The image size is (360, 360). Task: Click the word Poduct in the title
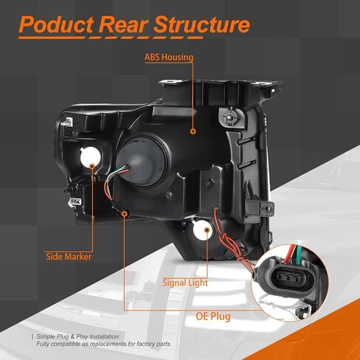[56, 24]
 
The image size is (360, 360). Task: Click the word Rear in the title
[124, 24]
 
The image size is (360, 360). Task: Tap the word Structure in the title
[202, 24]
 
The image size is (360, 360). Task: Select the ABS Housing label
[169, 57]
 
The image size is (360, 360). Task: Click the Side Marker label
[69, 257]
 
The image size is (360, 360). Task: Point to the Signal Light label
[185, 283]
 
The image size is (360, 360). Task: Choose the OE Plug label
[213, 316]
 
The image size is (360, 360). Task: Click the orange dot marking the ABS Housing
[193, 131]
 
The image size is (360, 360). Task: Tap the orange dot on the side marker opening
[92, 166]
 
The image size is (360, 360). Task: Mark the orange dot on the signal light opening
[207, 230]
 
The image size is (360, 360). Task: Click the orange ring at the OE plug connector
[125, 214]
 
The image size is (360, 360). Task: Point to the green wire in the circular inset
[300, 254]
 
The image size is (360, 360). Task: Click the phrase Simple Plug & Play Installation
[78, 336]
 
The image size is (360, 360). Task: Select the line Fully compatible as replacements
[104, 344]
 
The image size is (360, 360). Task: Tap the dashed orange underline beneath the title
[111, 38]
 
